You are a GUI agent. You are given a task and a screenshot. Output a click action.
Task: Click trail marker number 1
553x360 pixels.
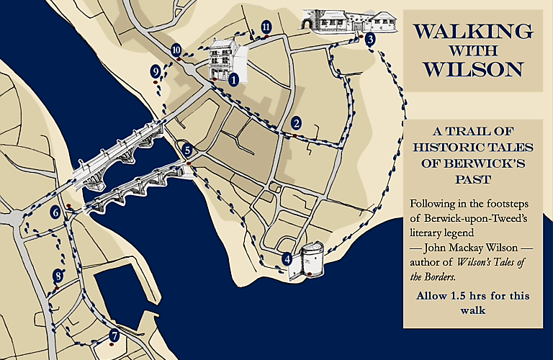233,81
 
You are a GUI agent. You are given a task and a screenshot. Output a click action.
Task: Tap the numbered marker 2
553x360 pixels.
296,123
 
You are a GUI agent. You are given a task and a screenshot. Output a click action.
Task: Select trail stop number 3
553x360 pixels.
369,40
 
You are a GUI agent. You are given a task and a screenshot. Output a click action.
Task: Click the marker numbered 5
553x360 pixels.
187,150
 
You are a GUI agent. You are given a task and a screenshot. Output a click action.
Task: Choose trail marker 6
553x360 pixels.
55,212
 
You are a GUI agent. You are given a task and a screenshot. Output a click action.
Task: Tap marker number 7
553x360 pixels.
114,336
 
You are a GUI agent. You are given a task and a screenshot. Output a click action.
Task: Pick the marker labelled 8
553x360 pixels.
58,276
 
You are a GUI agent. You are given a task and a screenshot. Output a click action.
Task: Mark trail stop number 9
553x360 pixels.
156,71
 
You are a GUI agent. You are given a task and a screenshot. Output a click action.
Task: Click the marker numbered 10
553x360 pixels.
176,50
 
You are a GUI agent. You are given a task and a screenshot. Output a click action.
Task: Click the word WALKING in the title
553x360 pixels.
473,32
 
